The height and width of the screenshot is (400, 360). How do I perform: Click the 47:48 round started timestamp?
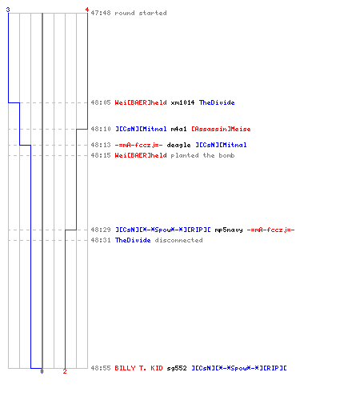[x=101, y=13]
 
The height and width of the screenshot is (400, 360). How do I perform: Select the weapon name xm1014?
[x=182, y=102]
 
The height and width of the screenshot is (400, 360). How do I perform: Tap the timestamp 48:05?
[x=101, y=102]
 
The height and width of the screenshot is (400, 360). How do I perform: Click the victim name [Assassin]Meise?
[x=221, y=129]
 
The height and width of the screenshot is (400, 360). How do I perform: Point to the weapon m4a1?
[x=178, y=129]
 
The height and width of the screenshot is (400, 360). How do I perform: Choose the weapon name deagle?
[x=178, y=145]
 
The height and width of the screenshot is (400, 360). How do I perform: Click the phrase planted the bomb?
[x=202, y=155]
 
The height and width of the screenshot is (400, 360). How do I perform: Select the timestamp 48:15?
[x=101, y=155]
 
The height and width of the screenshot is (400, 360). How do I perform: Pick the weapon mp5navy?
[x=229, y=230]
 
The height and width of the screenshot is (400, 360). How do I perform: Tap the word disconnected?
[x=178, y=240]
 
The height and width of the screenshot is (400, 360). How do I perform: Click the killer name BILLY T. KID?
[x=138, y=368]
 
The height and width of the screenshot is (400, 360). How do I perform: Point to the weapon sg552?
[x=177, y=368]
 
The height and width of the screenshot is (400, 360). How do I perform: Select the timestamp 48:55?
[x=101, y=368]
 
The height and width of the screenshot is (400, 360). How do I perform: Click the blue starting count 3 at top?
[x=8, y=10]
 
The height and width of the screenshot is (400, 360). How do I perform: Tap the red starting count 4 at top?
[x=87, y=10]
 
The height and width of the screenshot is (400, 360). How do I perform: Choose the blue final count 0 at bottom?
[x=42, y=371]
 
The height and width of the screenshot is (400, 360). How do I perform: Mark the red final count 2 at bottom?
[x=65, y=371]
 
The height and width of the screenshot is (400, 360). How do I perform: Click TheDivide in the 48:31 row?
[x=133, y=240]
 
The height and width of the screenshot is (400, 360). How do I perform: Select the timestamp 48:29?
[x=101, y=230]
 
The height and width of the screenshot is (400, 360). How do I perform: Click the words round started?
[x=141, y=13]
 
